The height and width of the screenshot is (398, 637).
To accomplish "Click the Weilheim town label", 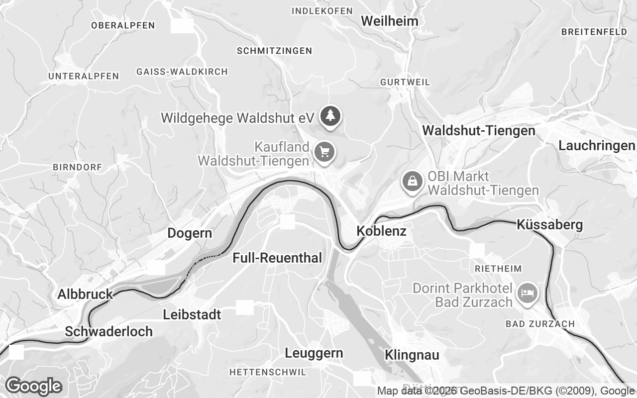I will tap(390, 21).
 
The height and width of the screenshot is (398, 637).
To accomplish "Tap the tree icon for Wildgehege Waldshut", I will tap(329, 116).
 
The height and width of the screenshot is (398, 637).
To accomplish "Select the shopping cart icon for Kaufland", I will tap(324, 151).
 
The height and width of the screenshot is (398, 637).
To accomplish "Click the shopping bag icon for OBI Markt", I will tap(412, 181).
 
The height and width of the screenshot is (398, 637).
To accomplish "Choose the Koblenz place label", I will tap(382, 231).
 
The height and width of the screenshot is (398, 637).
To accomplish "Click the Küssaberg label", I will tap(549, 224).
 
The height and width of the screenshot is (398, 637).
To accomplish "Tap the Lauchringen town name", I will tap(597, 146).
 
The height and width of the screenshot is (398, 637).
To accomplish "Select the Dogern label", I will tap(190, 233).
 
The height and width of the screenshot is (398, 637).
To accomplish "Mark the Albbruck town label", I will tap(86, 294).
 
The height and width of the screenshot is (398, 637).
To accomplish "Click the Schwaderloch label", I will tap(109, 331).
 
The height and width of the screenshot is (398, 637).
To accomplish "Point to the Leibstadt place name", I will tap(192, 315).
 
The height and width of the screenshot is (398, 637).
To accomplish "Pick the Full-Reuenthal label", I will tap(278, 258).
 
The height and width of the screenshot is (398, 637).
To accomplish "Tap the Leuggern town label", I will tap(314, 353).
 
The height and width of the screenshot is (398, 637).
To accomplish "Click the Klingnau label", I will tap(412, 355).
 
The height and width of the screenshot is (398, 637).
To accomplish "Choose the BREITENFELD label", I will tap(594, 32).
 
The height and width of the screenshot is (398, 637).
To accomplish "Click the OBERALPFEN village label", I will tap(123, 25).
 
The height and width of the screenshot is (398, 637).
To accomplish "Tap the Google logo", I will tap(33, 386).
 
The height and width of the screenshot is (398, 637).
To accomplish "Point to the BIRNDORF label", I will tap(77, 167).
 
